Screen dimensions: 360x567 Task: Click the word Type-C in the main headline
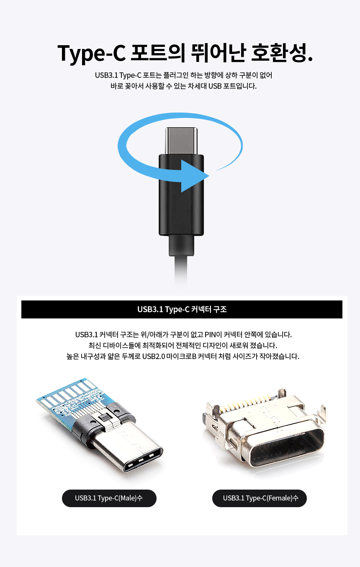[91, 53]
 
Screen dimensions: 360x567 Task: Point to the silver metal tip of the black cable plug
[181, 141]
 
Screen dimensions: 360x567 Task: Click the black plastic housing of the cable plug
[181, 195]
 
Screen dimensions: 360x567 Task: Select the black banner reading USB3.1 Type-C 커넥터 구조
[182, 309]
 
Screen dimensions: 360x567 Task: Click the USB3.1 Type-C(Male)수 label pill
[109, 498]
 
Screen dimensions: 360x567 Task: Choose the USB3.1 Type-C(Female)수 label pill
[260, 498]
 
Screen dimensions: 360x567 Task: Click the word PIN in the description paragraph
[210, 335]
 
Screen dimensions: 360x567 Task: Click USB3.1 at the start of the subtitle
[106, 75]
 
